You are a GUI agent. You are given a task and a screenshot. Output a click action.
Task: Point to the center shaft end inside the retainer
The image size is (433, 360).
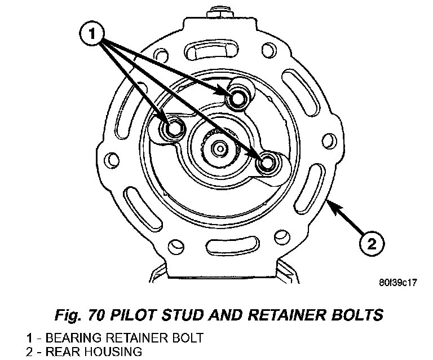pyautogui.click(x=219, y=148)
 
